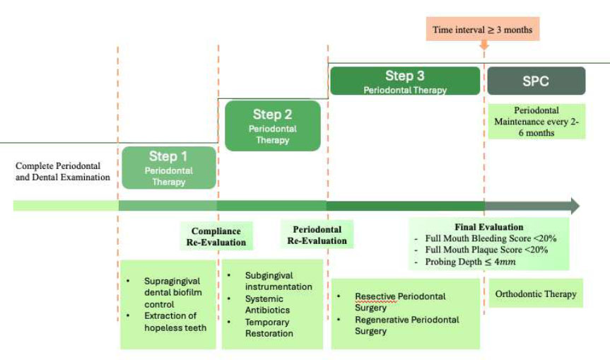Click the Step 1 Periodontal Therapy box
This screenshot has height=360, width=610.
click(x=168, y=168)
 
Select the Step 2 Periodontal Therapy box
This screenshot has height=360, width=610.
click(x=272, y=125)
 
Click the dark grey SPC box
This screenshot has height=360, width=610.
click(x=536, y=81)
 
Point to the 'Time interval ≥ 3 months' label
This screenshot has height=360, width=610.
click(x=482, y=30)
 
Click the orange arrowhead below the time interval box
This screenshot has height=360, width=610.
click(x=484, y=46)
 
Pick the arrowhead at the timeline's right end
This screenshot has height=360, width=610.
click(x=574, y=206)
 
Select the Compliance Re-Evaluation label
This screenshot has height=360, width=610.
click(x=216, y=237)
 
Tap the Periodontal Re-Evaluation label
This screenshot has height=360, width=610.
click(x=317, y=235)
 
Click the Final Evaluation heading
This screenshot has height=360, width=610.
click(x=488, y=228)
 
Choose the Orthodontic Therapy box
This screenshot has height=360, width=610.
click(x=536, y=294)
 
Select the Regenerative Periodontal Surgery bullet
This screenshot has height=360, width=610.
click(x=406, y=325)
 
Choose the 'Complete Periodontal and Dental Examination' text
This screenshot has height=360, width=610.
click(x=62, y=171)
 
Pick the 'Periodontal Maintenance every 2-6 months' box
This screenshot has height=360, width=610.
click(x=536, y=122)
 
